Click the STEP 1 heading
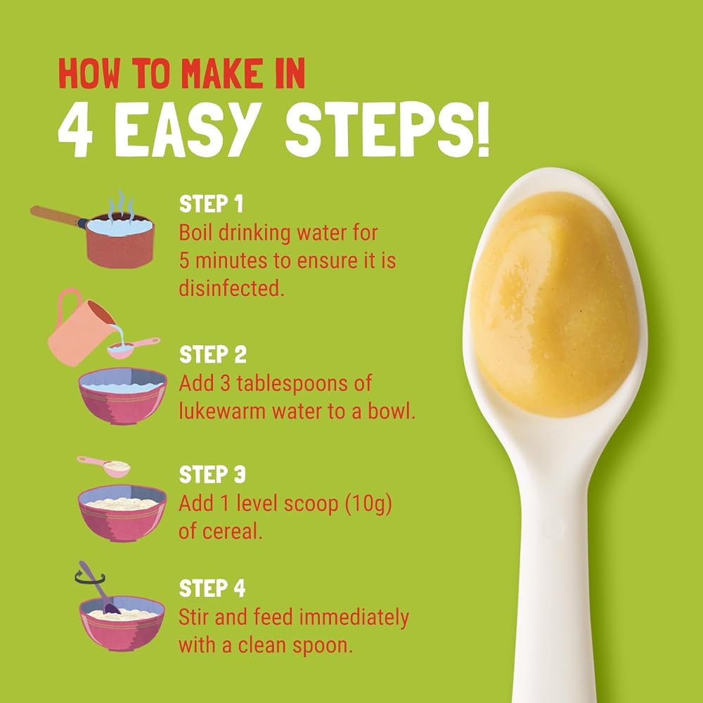pos(211,204)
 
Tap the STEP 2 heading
pos(213,354)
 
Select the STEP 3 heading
pos(212,475)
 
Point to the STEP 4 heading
pos(212,588)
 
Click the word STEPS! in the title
pos(387,129)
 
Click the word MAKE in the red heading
pos(221,74)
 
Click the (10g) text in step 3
pos(368,504)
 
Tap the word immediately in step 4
pos(354,618)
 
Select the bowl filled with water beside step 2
pos(122,395)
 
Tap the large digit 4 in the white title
pos(75,131)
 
